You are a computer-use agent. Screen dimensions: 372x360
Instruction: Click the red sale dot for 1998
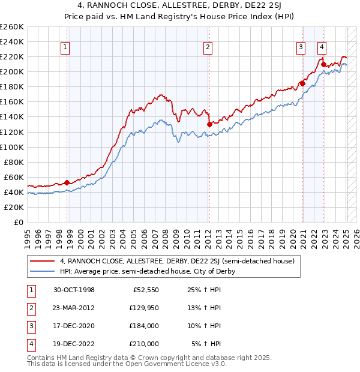click(x=67, y=182)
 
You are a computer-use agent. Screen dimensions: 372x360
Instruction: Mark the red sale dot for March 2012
click(x=209, y=124)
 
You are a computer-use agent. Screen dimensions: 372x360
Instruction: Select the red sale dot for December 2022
click(x=323, y=64)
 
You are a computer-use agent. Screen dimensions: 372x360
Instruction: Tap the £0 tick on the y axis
click(x=17, y=222)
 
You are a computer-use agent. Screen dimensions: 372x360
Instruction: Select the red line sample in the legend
click(x=43, y=262)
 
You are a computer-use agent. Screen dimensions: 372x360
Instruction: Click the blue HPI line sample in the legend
click(x=43, y=271)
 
